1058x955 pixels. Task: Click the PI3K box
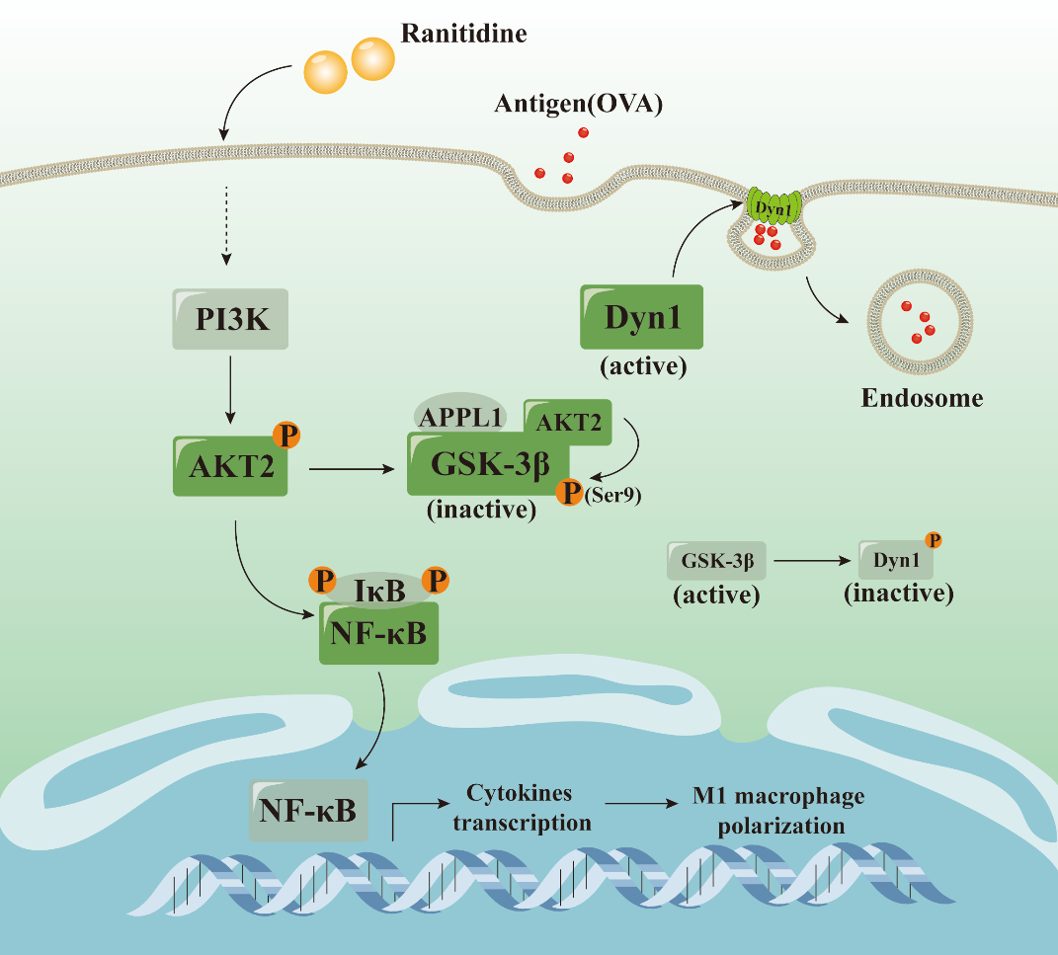(230, 319)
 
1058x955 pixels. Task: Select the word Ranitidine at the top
(463, 35)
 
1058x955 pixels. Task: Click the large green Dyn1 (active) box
(642, 316)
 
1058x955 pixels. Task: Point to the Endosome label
(922, 398)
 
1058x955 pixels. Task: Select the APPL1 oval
(457, 415)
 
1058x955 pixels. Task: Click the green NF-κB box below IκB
(379, 633)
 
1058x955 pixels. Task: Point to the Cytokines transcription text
(521, 808)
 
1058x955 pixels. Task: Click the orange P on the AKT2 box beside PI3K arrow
(285, 435)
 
